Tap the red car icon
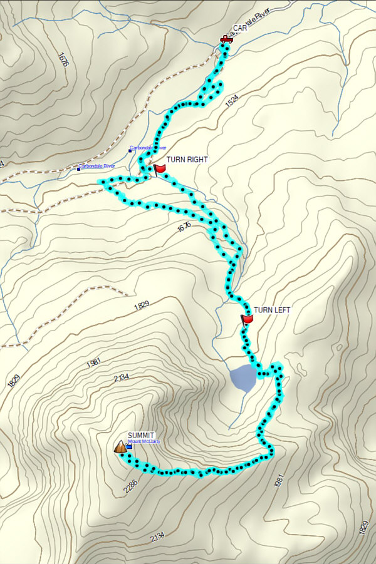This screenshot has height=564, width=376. (x=226, y=39)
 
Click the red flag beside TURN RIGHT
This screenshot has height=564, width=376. (x=159, y=168)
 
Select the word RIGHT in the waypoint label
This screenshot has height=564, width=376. (x=196, y=160)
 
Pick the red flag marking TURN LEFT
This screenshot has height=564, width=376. (x=247, y=319)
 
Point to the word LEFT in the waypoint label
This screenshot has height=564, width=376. (x=281, y=310)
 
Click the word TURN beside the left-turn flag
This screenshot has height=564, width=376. (x=262, y=310)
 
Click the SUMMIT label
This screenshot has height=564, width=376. (x=141, y=435)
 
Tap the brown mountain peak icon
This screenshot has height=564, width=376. (x=119, y=447)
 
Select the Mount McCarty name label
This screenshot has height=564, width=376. (x=145, y=442)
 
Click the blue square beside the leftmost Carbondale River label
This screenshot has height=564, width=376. (x=79, y=168)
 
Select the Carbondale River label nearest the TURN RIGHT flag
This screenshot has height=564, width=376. (x=148, y=148)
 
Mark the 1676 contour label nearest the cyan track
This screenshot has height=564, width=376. (x=184, y=227)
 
